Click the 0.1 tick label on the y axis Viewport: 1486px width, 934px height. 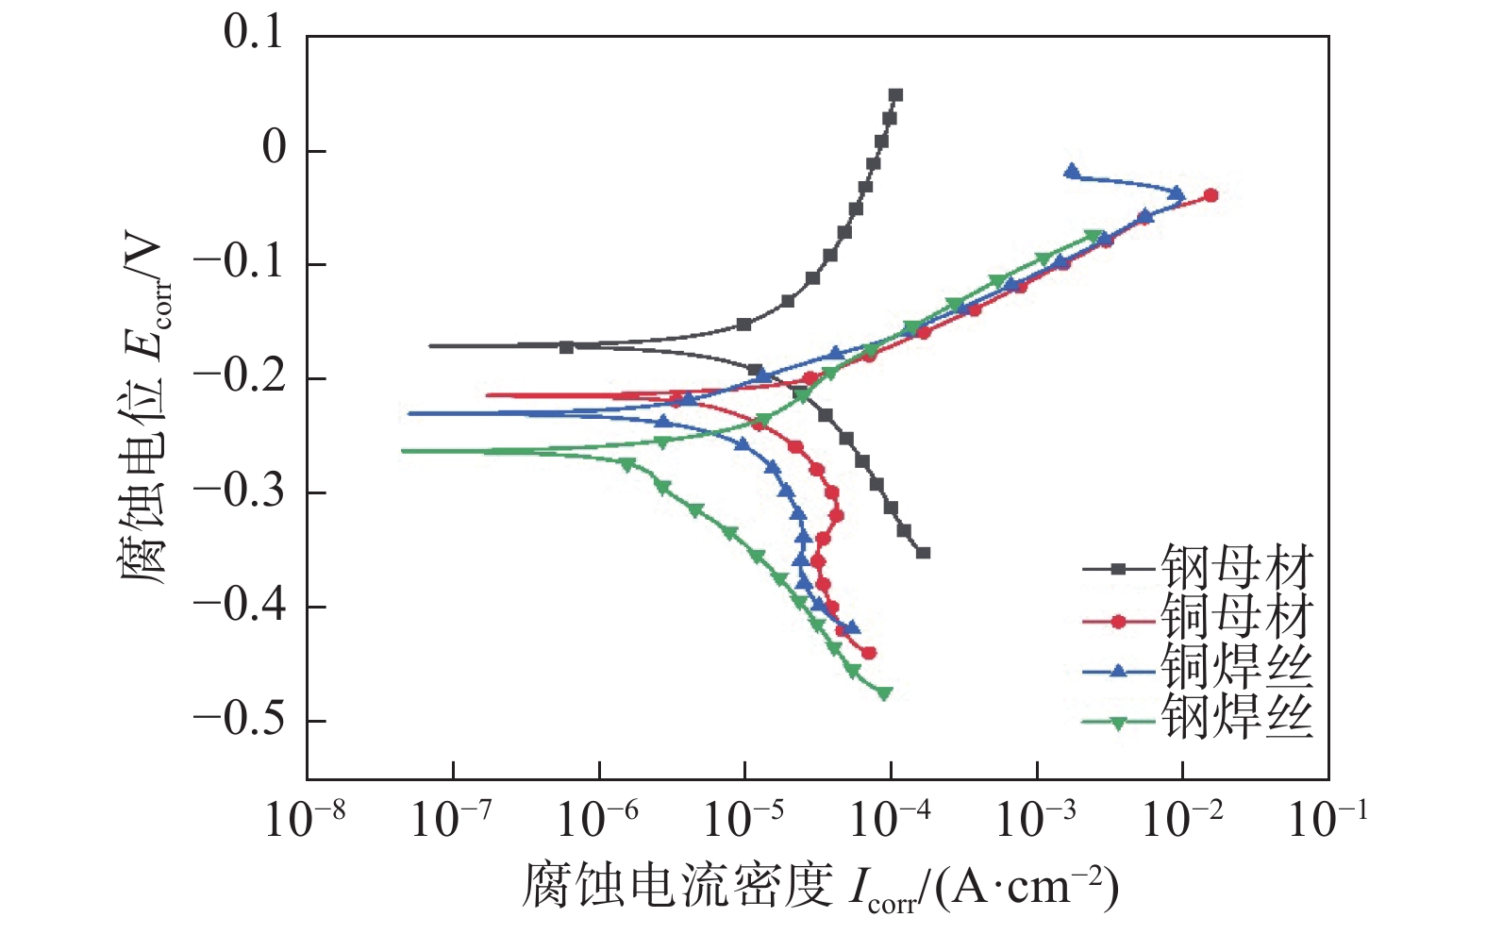point(253,34)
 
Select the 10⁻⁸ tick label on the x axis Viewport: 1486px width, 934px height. point(305,819)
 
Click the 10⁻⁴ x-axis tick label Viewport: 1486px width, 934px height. point(890,819)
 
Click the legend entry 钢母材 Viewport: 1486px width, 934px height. point(1236,568)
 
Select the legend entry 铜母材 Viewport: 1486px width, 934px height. point(1236,619)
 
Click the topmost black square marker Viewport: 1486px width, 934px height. point(895,95)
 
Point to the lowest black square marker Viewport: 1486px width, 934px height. point(923,553)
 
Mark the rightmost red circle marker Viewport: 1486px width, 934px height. point(1211,195)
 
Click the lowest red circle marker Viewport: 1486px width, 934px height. point(869,653)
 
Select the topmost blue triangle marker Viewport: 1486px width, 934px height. point(1072,172)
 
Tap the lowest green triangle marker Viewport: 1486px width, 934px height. point(884,693)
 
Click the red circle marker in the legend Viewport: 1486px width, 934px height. point(1119,621)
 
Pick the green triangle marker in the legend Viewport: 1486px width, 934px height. point(1119,723)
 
